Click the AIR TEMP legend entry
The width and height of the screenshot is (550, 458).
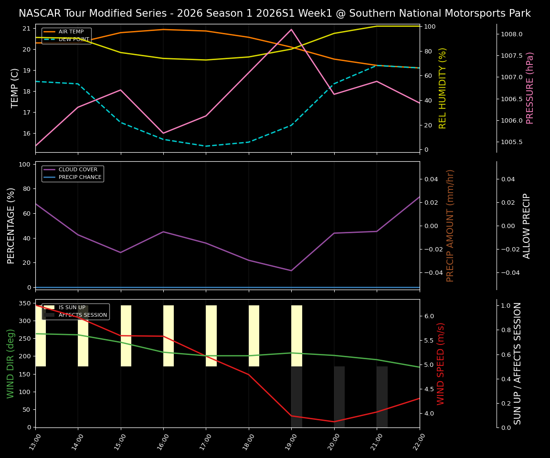coord(71,32)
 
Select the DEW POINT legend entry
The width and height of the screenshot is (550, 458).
coord(74,40)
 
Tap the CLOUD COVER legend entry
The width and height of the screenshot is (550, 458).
coord(78,169)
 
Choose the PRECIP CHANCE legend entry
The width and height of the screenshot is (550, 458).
coord(80,177)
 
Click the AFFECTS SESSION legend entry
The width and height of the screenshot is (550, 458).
coord(83,315)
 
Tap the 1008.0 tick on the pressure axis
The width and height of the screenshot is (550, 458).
coord(511,34)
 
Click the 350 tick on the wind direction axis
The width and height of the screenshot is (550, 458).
coord(24,303)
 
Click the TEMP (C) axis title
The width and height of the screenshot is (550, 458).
coord(15,88)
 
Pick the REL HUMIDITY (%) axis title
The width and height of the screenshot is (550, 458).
coord(443,88)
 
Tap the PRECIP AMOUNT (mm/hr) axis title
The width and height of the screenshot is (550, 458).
coord(450,225)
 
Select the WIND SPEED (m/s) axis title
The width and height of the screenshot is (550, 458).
coord(441,364)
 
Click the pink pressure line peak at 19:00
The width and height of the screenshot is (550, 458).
coord(291,30)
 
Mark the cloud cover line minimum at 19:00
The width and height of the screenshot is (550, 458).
coord(291,271)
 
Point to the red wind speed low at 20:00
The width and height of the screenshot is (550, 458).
coord(334,421)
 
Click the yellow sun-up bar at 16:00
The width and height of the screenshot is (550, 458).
coord(169,336)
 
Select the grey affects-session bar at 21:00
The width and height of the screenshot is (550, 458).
coord(382,396)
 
